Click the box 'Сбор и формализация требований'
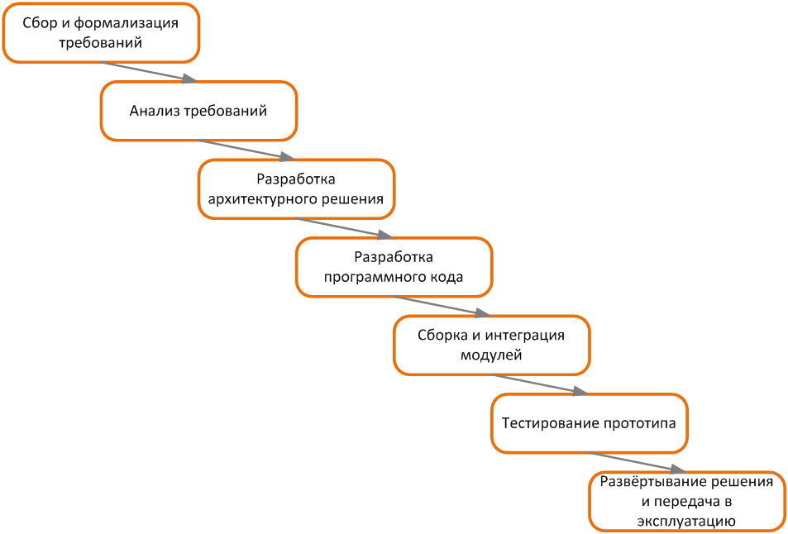[x=101, y=33]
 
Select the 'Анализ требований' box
[x=198, y=111]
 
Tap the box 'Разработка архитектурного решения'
[x=296, y=189]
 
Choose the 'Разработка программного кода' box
[x=394, y=267]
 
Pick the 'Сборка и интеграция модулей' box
[x=491, y=345]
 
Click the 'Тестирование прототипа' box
[x=589, y=423]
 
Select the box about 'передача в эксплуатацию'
[x=686, y=501]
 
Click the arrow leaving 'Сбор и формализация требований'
[x=150, y=72]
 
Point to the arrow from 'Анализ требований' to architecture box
[x=246, y=150]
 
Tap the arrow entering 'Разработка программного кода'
[x=344, y=228]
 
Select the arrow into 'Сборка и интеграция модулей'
[x=442, y=307]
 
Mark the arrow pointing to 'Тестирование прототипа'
[x=540, y=384]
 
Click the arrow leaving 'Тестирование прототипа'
[x=638, y=463]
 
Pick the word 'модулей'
[x=491, y=355]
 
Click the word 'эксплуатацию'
[x=686, y=522]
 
